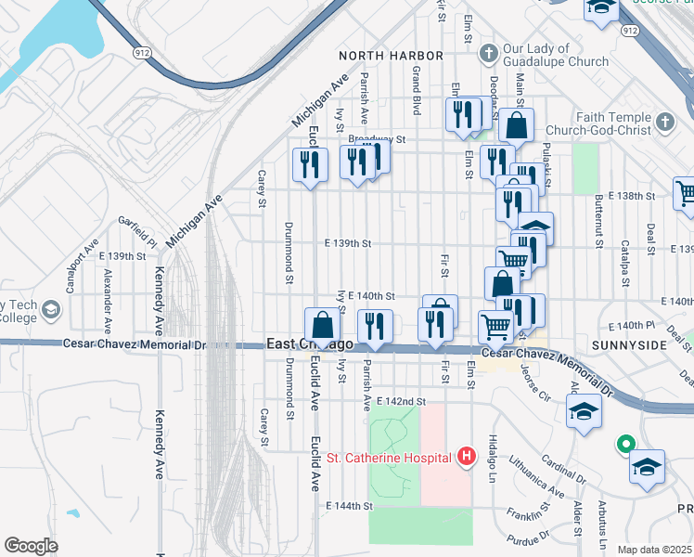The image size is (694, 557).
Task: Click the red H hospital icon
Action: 467,457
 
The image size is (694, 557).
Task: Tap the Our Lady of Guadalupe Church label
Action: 556,55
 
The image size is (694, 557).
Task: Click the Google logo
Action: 31,546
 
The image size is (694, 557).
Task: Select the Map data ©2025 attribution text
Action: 655,550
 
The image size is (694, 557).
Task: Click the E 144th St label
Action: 348,507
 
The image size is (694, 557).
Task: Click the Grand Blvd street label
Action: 417,90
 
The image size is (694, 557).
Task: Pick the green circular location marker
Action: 625,447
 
